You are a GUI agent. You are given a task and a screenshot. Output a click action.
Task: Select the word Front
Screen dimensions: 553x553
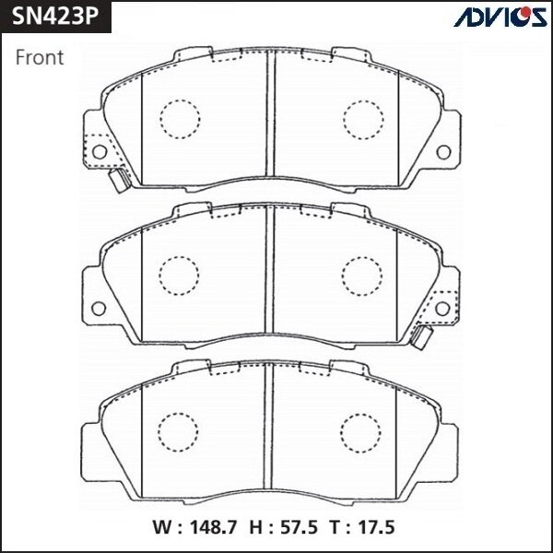coord(40,58)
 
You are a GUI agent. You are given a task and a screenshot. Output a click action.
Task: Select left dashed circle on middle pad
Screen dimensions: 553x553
coord(180,274)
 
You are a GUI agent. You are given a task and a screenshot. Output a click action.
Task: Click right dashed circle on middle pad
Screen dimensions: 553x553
coord(362,274)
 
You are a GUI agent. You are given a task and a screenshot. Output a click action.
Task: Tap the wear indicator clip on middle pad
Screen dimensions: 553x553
coord(423,336)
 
